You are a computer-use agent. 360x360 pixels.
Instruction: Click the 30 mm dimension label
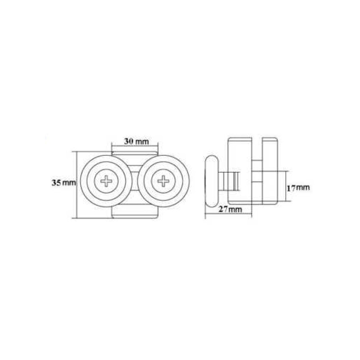coord(136,141)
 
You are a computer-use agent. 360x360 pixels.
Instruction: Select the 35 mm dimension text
coord(63,183)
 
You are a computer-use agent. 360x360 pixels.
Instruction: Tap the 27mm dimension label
coord(230,209)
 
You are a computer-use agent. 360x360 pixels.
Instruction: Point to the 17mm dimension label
coord(298,188)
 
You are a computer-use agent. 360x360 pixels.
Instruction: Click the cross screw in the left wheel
coord(106,181)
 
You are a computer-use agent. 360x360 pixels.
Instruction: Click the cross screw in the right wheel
coord(163,181)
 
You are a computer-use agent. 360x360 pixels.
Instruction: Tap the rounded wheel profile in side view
coord(211,181)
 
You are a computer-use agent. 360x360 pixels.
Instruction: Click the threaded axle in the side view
coord(229,181)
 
